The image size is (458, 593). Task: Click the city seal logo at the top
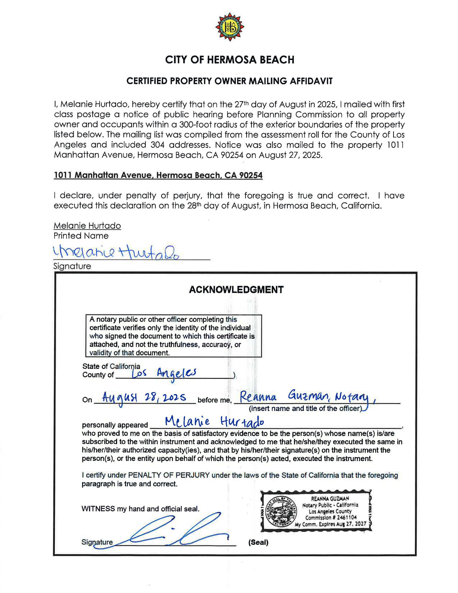(229, 27)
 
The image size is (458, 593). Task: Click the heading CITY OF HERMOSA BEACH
(229, 60)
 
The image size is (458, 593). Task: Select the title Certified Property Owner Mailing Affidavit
(229, 81)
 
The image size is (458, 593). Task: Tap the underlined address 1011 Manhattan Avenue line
(158, 175)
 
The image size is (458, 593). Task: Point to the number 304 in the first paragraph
(158, 145)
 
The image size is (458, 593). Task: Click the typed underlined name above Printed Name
(87, 226)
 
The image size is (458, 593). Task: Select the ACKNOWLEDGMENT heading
(236, 290)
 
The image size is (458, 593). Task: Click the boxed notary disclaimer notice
(173, 336)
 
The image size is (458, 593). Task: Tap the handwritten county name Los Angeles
(164, 373)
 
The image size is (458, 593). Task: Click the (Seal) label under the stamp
(258, 542)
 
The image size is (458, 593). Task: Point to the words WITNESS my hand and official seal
(140, 509)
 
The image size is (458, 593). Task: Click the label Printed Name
(81, 236)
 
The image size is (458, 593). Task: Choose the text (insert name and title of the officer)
(305, 409)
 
